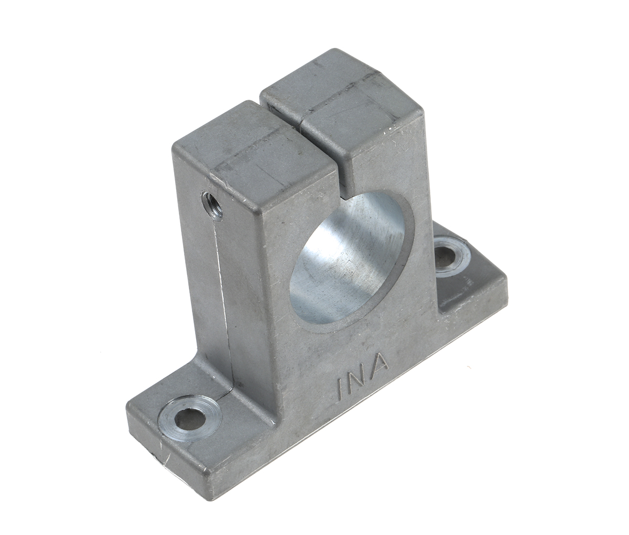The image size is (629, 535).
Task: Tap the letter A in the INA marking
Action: (x=379, y=362)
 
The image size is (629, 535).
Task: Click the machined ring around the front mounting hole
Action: (x=173, y=409)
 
